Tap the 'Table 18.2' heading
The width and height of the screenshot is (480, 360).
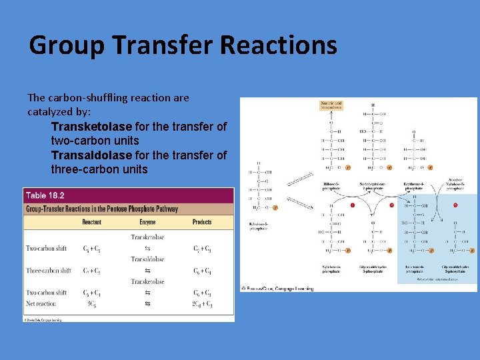point(45,195)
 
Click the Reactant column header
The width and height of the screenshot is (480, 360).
point(92,222)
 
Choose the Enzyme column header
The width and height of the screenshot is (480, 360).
point(147,222)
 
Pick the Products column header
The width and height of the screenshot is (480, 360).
point(202,222)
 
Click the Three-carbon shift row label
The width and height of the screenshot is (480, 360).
point(49,271)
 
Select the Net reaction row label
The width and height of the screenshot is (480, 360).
point(41,304)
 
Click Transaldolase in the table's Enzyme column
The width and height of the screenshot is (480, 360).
point(147,259)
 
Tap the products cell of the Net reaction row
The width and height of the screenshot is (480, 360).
point(203,304)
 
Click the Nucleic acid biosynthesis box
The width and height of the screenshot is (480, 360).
point(331,105)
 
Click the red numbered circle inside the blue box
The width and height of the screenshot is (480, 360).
point(455,205)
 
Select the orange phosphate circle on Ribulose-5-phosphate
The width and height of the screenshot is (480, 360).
point(275,208)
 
